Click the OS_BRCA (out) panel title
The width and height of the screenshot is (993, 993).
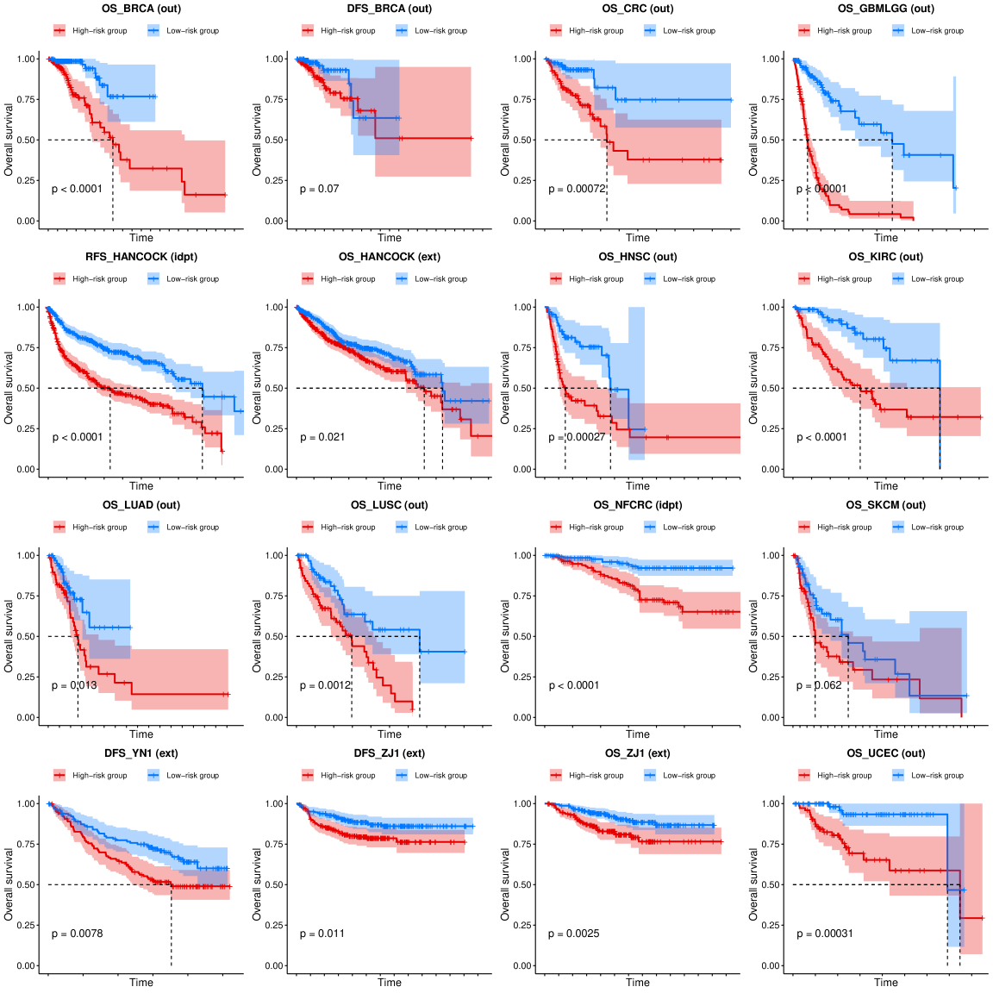tap(141, 9)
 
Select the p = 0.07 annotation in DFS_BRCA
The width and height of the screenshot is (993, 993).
tap(320, 189)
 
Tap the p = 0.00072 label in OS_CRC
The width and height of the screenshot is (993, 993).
tap(578, 189)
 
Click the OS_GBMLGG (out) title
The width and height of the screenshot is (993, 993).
tap(886, 9)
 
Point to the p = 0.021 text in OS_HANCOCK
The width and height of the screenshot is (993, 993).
tap(322, 437)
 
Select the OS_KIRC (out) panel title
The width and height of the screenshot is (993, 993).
tap(886, 257)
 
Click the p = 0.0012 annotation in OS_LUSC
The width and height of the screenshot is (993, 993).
tap(326, 685)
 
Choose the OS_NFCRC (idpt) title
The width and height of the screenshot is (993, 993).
tap(638, 505)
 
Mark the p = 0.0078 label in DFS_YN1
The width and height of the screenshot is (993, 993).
tap(78, 934)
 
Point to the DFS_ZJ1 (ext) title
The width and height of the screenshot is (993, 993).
tap(390, 753)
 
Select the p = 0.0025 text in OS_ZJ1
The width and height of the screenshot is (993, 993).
tap(574, 934)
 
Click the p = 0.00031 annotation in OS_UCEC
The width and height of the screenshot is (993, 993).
tap(825, 934)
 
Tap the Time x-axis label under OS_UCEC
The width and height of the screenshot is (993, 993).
tap(886, 982)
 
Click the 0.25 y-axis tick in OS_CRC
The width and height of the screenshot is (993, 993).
tap(523, 180)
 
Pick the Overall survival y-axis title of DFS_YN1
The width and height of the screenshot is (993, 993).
tap(9, 884)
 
